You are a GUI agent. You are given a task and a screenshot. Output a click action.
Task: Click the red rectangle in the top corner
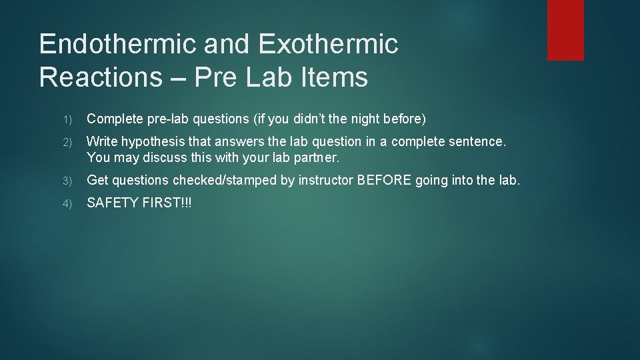point(565,30)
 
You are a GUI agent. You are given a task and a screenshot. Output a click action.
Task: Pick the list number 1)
point(68,119)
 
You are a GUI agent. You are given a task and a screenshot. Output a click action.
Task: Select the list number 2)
point(68,142)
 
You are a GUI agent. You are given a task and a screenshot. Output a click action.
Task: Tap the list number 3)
point(68,181)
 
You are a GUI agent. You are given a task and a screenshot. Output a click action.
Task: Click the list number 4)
point(68,203)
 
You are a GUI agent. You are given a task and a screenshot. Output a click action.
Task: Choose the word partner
point(317,158)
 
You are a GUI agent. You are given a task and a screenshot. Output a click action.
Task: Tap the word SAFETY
point(113,203)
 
